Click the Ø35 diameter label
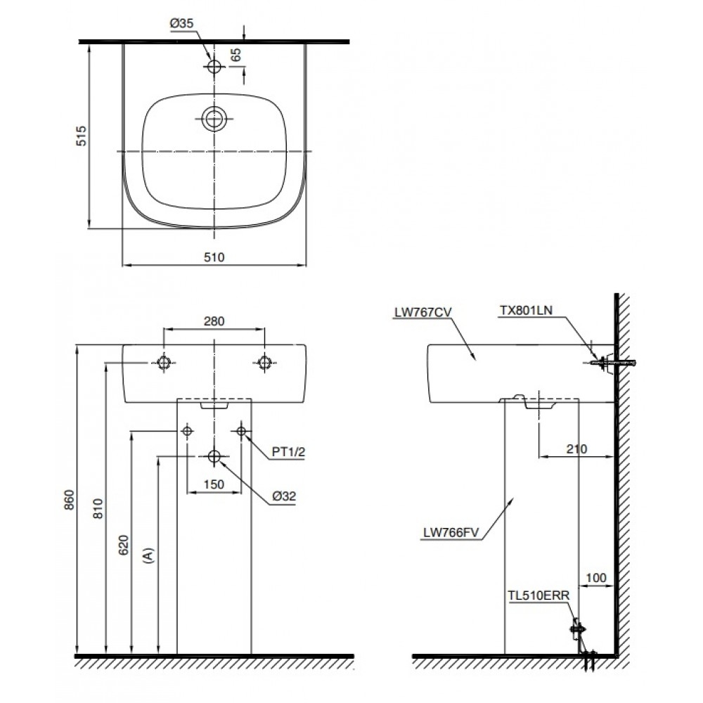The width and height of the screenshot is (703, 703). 181,23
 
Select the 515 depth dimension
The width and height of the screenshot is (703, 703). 81,136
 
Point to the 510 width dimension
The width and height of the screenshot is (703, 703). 214,257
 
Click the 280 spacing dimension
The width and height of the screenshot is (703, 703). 214,321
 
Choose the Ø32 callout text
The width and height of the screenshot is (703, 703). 285,496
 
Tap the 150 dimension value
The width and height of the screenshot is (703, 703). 214,484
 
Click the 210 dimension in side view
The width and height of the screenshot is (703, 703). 575,449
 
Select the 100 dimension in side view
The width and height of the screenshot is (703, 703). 595,578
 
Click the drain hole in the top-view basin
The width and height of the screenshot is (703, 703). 214,118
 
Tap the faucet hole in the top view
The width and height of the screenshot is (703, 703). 214,66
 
